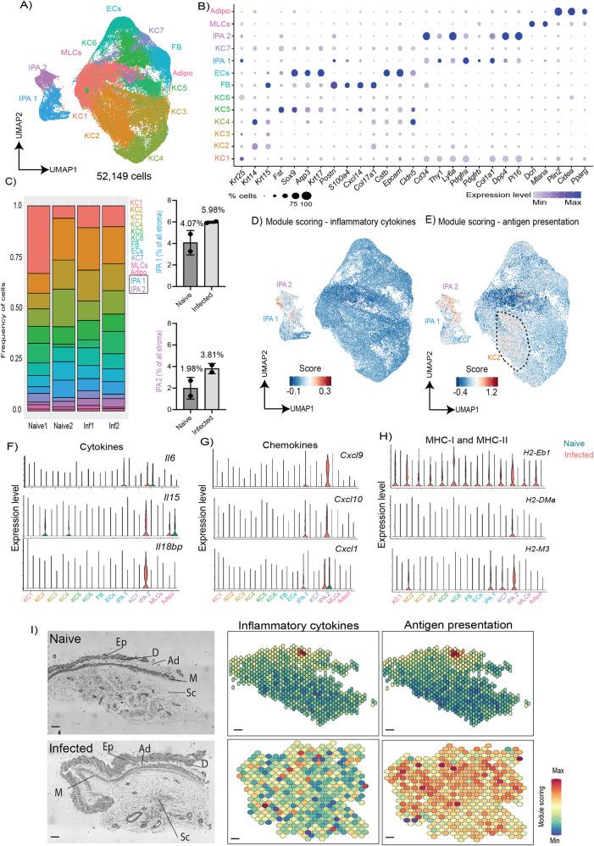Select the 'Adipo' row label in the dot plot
[219, 11]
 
